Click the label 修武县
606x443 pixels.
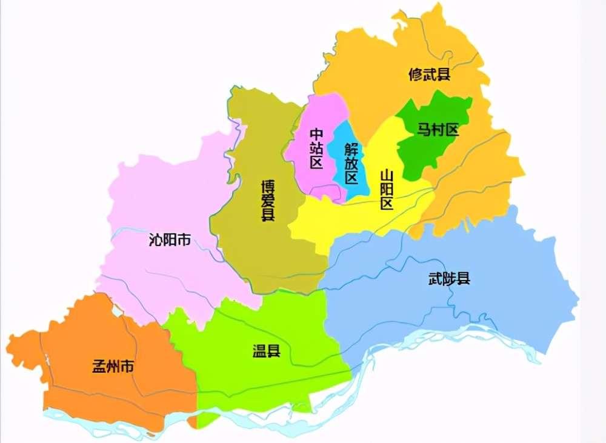pos(430,75)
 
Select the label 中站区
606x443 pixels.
pos(316,148)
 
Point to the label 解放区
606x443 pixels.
pos(351,164)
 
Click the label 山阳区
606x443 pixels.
pos(386,190)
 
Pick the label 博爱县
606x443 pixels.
pos(267,200)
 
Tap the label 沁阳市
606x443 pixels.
pos(169,240)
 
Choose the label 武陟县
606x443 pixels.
pos(449,279)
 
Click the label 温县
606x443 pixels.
pos(267,350)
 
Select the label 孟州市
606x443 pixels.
pos(113,367)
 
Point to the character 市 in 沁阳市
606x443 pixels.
pos(184,240)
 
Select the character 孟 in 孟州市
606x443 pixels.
pos(99,367)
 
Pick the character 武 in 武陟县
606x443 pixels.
pos(435,279)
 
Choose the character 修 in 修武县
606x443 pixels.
pos(416,75)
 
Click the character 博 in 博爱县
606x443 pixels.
pos(267,185)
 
